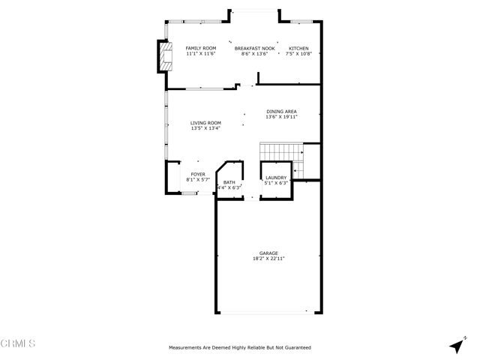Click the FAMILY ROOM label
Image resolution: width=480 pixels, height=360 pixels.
point(201,48)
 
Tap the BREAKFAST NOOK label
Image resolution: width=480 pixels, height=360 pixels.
point(255,48)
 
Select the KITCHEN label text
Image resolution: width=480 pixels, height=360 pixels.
point(298,48)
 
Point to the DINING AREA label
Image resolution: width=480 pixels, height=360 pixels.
point(282,112)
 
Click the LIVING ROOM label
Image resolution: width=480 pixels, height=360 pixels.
point(205,123)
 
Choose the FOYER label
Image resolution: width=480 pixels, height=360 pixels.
point(198,175)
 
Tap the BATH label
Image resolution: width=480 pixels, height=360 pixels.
point(229,182)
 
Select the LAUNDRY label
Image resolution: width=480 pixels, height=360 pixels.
point(276,178)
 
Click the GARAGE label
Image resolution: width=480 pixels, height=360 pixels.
point(268,253)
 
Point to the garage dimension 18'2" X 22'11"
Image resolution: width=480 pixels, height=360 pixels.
point(268,258)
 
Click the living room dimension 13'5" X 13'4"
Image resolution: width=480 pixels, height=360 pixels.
point(205,128)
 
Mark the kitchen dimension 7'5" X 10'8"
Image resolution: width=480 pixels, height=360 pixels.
point(298,53)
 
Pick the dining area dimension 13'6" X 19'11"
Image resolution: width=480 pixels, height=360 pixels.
point(282,117)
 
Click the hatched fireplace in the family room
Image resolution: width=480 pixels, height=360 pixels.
point(167,56)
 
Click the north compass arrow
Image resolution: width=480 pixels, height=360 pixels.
point(457,345)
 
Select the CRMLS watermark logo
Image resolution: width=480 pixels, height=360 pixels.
point(18,343)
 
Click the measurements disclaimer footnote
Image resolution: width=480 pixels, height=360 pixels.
point(240,347)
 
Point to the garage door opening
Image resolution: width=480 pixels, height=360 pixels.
point(267,313)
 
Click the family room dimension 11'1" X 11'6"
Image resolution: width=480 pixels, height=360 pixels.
point(201,53)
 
